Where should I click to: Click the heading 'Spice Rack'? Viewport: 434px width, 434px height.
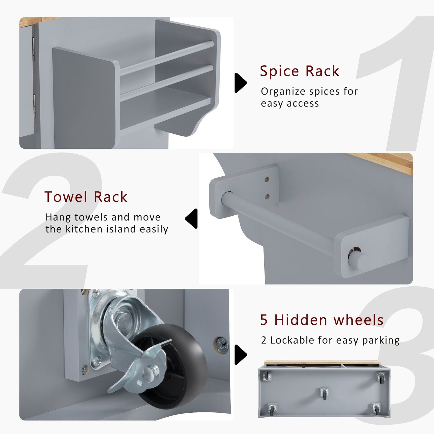pos(299,71)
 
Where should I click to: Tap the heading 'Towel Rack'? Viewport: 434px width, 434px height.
pos(86,197)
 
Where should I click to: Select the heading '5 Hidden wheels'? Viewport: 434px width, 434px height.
pos(322,320)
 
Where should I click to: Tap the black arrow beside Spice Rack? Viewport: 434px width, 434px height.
pos(240,83)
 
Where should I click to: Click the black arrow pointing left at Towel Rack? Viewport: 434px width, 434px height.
pos(191,218)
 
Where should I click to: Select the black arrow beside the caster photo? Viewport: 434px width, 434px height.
pos(240,354)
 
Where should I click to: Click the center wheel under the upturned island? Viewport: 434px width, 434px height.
pos(324,393)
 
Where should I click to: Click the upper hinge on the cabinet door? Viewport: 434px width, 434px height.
pos(33,50)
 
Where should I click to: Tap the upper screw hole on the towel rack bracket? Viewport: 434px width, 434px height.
pos(267,180)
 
